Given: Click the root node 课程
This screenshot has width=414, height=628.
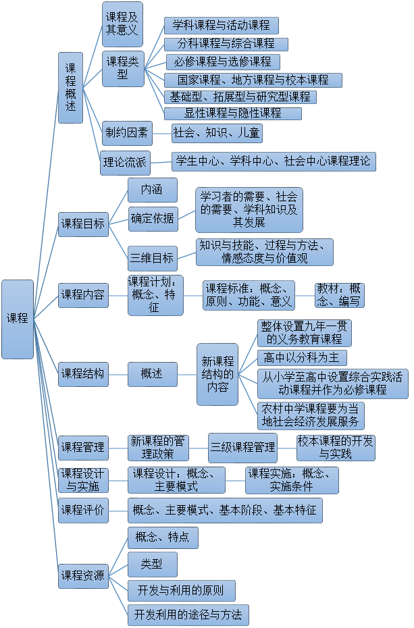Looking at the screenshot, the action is coord(18,319).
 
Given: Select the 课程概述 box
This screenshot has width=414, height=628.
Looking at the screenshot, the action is coord(70,88).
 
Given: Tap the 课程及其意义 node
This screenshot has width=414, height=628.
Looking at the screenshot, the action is coord(122,24).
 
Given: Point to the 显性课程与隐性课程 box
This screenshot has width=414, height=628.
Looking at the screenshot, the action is coord(232,113).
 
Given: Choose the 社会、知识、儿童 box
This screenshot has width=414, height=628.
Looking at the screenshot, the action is coord(216,133).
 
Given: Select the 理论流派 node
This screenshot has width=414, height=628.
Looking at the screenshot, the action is coord(125,162).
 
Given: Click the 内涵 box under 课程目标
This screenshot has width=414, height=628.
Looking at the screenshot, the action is coord(153,190).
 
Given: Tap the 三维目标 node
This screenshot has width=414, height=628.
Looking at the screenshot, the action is coord(153,258).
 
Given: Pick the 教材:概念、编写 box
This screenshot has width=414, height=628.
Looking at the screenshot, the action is coord(339,295).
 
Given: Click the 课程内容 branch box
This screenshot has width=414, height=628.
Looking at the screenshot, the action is coord(83,294).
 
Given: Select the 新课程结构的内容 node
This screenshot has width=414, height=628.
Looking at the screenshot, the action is coord(217,374).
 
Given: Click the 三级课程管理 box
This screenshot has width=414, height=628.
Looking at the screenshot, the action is coord(242,447).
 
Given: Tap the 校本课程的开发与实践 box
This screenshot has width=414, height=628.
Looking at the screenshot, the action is coord(336,447).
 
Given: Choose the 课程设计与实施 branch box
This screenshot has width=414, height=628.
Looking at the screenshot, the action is coord(83,479).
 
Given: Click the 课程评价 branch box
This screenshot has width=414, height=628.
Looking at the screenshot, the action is coord(83,511).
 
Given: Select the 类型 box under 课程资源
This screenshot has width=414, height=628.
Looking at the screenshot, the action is coord(153,564).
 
